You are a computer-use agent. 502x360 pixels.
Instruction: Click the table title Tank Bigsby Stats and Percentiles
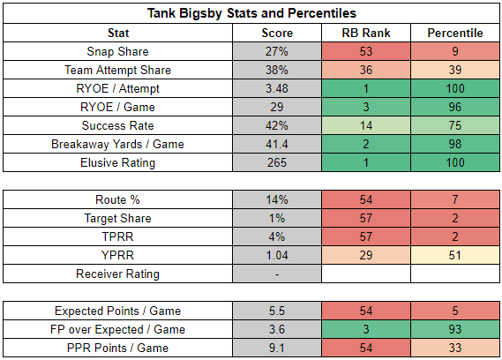pyautogui.click(x=251, y=13)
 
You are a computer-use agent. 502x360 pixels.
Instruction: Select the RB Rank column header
pyautogui.click(x=366, y=33)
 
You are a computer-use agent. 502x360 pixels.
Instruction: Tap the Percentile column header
pyautogui.click(x=455, y=33)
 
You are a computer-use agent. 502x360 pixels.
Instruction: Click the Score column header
pyautogui.click(x=277, y=33)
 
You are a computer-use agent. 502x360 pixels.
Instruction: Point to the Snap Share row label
pyautogui.click(x=118, y=51)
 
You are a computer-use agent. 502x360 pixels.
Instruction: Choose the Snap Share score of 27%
pyautogui.click(x=277, y=51)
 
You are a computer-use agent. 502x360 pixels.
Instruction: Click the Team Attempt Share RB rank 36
pyautogui.click(x=366, y=70)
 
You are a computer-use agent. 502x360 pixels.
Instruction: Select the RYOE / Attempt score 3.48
pyautogui.click(x=277, y=89)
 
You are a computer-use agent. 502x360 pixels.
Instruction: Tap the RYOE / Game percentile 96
pyautogui.click(x=455, y=107)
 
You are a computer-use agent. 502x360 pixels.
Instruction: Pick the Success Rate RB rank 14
pyautogui.click(x=366, y=125)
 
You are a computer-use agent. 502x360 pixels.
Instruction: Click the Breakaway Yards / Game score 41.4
pyautogui.click(x=277, y=144)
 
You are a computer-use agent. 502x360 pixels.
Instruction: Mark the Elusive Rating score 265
pyautogui.click(x=277, y=162)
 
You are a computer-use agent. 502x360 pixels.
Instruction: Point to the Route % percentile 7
pyautogui.click(x=455, y=200)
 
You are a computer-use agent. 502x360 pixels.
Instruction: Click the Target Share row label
pyautogui.click(x=118, y=219)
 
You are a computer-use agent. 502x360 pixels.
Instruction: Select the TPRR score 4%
pyautogui.click(x=277, y=237)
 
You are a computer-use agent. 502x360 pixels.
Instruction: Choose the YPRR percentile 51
pyautogui.click(x=455, y=255)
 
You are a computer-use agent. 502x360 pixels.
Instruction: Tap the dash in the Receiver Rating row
pyautogui.click(x=277, y=274)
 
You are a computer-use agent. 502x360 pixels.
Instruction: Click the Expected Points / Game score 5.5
pyautogui.click(x=277, y=311)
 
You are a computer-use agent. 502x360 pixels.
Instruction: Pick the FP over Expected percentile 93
pyautogui.click(x=455, y=330)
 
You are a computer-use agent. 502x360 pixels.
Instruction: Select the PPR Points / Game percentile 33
pyautogui.click(x=455, y=349)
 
